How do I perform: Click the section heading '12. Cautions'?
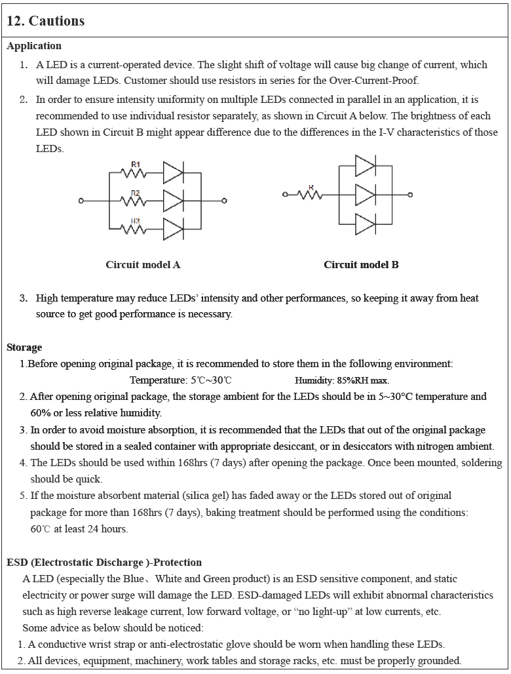point(45,21)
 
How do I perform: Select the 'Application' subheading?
point(34,46)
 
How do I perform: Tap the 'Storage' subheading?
point(24,347)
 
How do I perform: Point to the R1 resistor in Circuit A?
point(135,172)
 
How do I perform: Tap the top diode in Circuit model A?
point(174,172)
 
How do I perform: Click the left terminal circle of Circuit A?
point(81,201)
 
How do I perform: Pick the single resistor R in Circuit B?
point(311,194)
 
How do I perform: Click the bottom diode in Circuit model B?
point(366,224)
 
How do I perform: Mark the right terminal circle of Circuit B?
point(411,195)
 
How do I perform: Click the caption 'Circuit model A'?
point(143,265)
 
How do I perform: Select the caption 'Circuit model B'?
point(361,265)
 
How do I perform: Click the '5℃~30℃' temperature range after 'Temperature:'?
point(211,380)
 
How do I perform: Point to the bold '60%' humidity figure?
point(41,413)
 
